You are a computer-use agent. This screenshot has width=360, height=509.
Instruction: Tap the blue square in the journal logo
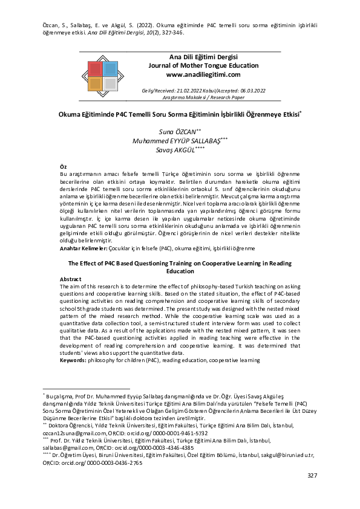(110, 68)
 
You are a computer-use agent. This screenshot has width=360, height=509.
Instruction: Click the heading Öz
(63, 166)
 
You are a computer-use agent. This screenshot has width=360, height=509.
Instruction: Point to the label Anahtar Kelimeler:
(83, 248)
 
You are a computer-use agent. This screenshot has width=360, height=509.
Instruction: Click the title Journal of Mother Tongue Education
(203, 65)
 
